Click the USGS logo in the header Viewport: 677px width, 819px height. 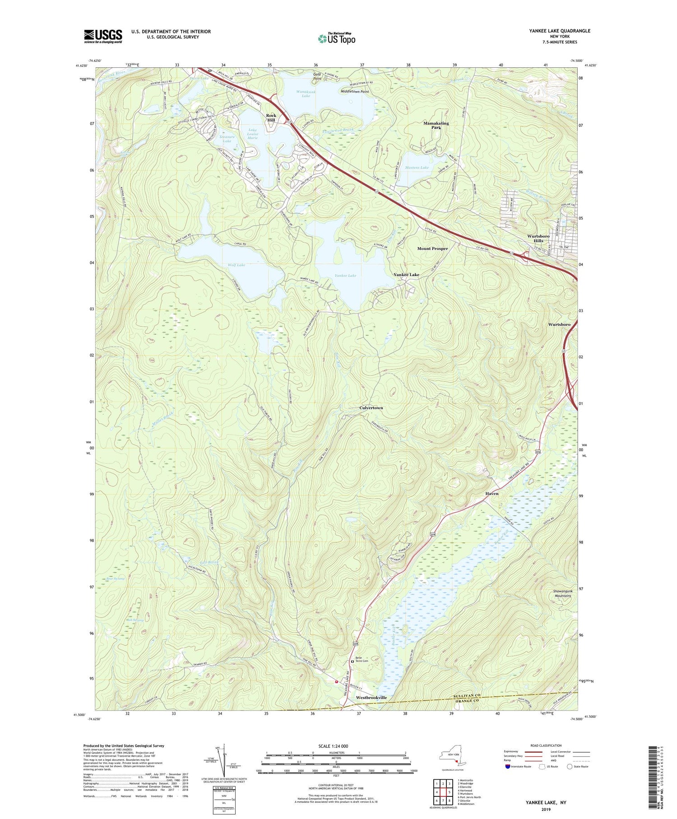coord(103,36)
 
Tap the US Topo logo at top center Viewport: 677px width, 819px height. coord(336,39)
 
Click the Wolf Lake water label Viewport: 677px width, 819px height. coord(236,265)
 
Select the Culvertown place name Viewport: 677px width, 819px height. coord(371,408)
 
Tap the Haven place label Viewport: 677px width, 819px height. coord(492,494)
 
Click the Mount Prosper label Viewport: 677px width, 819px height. coord(432,248)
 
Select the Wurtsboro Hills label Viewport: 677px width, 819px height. coord(538,239)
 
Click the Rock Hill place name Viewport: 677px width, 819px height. coord(271,117)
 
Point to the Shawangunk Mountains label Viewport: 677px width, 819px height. coord(562,593)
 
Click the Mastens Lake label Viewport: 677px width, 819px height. coord(417,168)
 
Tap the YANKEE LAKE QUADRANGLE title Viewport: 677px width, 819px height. coord(560,31)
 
